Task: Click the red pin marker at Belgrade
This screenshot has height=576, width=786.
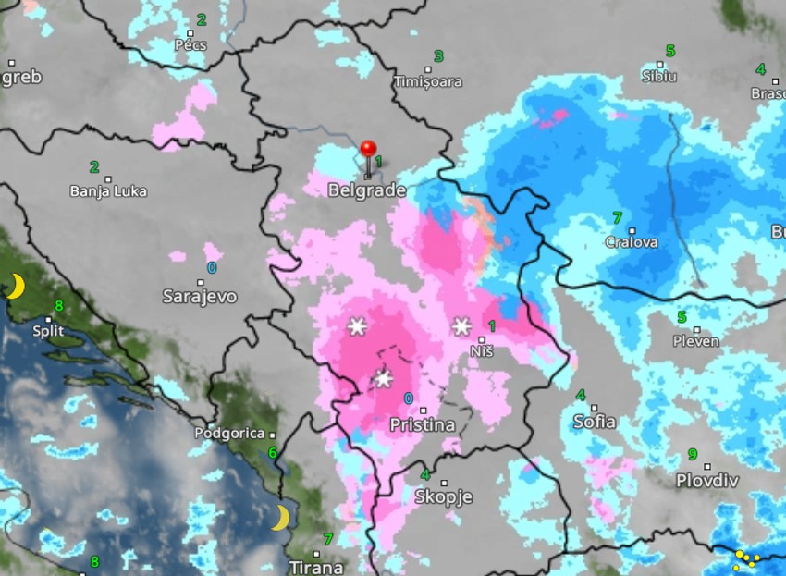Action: (369, 150)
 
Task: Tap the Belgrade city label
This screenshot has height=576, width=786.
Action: (367, 190)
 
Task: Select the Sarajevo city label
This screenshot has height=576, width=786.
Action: (200, 297)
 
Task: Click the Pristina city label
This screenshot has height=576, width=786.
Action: (423, 425)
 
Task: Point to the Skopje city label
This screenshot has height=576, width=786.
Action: (444, 497)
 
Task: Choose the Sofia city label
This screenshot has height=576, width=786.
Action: (595, 422)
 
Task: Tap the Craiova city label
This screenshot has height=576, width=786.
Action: (632, 242)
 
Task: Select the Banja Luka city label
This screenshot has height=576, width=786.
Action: (108, 191)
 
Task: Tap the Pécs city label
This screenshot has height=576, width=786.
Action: (190, 44)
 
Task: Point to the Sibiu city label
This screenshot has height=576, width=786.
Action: (659, 76)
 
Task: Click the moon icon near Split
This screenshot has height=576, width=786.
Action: (16, 288)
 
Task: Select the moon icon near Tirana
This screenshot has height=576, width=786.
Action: (280, 518)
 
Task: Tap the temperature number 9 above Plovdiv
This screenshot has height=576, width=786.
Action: (692, 454)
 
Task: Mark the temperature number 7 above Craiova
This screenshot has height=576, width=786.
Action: (617, 218)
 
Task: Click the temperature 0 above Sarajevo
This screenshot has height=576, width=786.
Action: (212, 268)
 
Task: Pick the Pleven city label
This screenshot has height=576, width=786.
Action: (696, 341)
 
